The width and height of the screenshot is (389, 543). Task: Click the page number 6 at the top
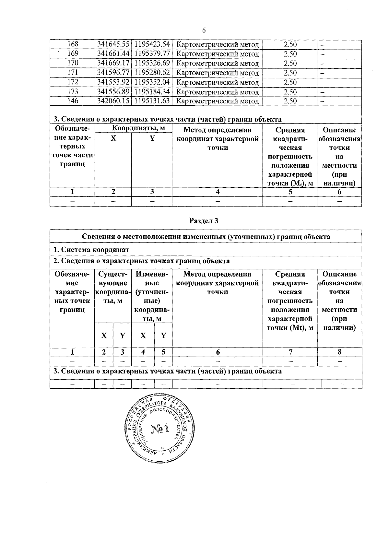tap(204, 30)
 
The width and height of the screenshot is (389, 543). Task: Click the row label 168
tap(73, 44)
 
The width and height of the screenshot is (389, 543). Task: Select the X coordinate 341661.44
tap(113, 54)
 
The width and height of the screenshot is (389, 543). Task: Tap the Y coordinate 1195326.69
tap(152, 63)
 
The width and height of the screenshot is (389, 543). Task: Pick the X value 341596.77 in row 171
tap(113, 73)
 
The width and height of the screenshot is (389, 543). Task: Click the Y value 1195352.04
tap(152, 82)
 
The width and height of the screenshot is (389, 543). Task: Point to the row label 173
tap(73, 92)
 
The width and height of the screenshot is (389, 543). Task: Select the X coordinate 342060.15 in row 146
tap(113, 101)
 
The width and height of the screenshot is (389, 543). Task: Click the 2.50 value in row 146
tap(290, 101)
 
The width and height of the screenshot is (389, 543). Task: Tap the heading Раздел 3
tap(204, 221)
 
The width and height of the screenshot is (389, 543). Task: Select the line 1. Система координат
tap(91, 250)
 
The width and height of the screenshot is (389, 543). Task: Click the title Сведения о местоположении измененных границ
tap(206, 237)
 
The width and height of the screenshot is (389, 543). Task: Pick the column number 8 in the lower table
tap(339, 352)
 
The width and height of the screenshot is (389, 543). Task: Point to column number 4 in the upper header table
tap(218, 192)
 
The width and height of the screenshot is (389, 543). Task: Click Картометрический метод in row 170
tap(217, 63)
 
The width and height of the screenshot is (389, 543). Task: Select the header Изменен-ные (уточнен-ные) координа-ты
tap(152, 296)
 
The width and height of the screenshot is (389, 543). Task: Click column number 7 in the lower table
tap(290, 352)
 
